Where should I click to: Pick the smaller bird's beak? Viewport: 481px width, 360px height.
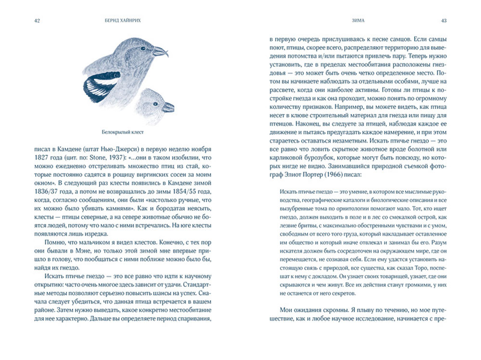pos(168,107)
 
